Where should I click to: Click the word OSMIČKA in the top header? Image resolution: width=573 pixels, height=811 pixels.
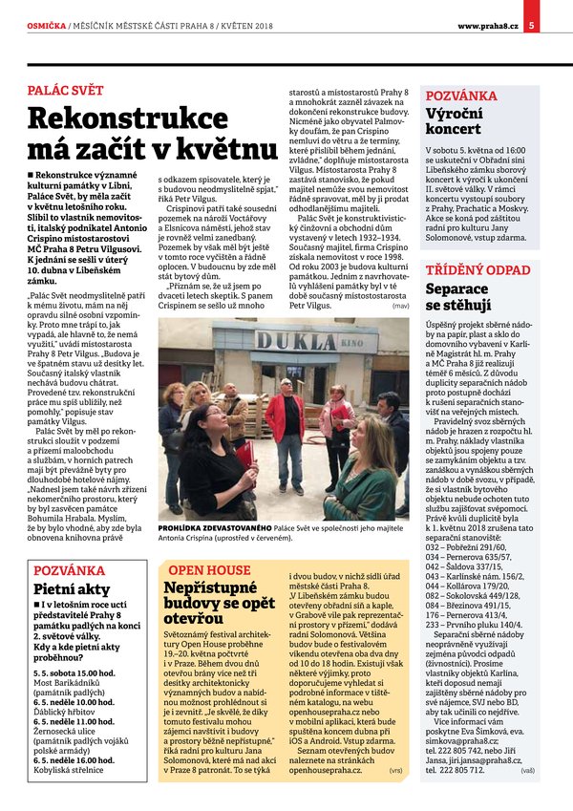tap(46, 24)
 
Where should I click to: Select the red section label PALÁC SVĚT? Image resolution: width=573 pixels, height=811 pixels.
tap(65, 91)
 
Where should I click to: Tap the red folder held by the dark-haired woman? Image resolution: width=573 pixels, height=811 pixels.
tap(246, 455)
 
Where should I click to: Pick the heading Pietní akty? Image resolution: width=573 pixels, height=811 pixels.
tap(72, 589)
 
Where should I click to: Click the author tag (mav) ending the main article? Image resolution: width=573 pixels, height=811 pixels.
tap(400, 307)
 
